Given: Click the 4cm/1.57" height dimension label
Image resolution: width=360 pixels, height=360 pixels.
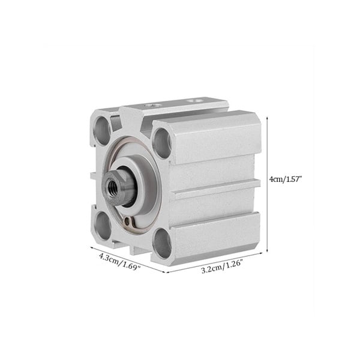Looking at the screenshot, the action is [285, 179].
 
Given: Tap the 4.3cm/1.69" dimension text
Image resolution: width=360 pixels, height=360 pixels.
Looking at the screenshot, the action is [119, 262].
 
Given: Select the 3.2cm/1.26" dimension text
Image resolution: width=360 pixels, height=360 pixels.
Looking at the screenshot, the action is [222, 266].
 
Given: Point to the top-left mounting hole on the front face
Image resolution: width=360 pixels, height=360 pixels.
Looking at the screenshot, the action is [102, 130].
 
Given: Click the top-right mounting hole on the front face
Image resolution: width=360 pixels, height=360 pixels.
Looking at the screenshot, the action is [162, 143].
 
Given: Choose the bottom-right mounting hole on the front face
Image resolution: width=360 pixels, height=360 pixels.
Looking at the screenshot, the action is [163, 243].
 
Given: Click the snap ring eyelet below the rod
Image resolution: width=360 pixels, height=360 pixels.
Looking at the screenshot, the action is [128, 221].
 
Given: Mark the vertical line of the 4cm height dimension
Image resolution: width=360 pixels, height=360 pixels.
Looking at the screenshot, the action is [267, 184].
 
